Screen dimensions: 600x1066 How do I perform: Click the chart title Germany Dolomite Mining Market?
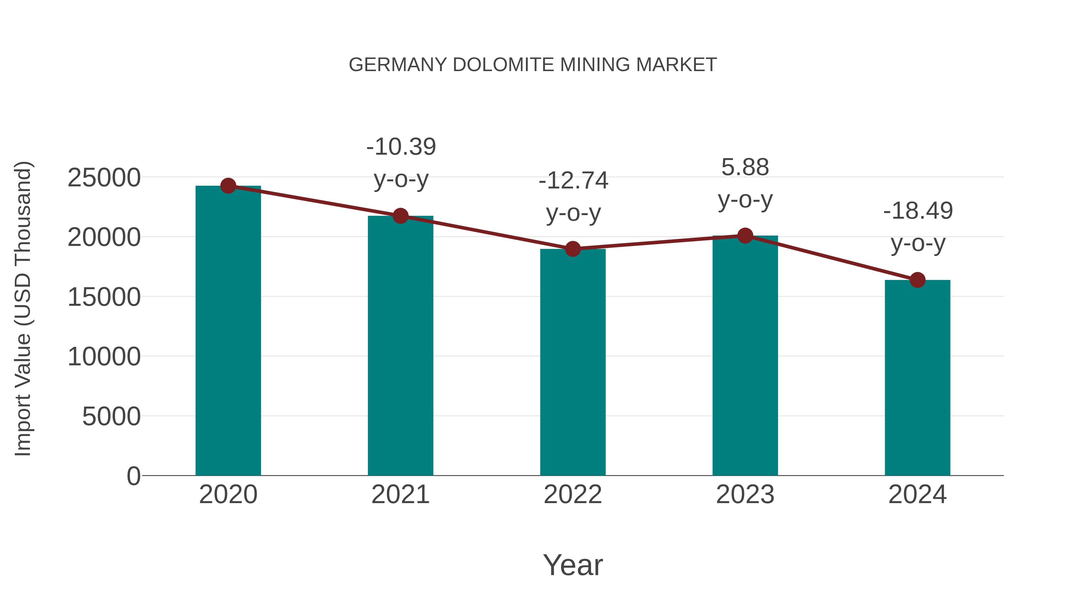point(533,65)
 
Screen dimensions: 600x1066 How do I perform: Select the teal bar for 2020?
point(228,331)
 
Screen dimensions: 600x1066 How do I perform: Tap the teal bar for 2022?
point(573,362)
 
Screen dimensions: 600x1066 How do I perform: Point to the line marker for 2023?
point(745,236)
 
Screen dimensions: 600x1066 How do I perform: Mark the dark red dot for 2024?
point(917,280)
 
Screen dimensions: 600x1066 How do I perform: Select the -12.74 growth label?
point(573,197)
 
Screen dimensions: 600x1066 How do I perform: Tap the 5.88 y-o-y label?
point(745,183)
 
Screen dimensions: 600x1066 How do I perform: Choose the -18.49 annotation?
point(918,227)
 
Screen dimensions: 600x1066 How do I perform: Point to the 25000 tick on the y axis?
point(104,178)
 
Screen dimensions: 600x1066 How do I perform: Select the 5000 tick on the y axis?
point(111,417)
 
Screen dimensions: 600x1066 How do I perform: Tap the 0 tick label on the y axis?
point(134,476)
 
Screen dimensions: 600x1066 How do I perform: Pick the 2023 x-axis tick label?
point(745,495)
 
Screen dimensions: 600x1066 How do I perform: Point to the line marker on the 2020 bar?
point(228,186)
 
